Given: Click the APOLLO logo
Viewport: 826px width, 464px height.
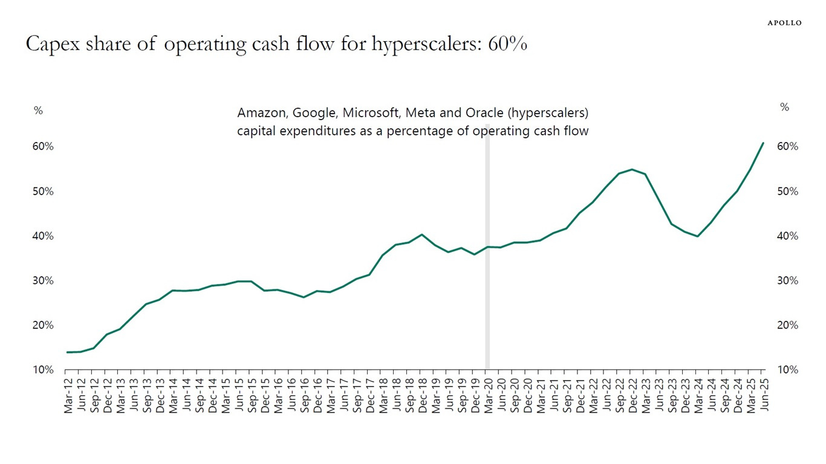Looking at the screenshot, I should (x=784, y=22).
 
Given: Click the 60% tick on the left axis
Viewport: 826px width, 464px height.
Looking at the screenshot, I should (x=43, y=147).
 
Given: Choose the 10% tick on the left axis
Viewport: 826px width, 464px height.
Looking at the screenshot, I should (x=43, y=370).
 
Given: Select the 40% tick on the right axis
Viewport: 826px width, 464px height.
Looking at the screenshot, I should (x=787, y=236).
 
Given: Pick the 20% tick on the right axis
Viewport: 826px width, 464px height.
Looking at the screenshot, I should (x=787, y=325).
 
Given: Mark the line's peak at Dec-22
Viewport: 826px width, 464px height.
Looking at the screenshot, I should (x=631, y=169).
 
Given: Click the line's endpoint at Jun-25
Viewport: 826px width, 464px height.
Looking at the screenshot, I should (x=763, y=143).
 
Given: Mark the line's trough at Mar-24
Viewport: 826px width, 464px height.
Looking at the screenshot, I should (x=698, y=236).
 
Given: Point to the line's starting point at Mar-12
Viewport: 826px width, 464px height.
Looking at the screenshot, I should (x=68, y=352).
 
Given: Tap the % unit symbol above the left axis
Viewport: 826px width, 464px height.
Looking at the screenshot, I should (x=38, y=111).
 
